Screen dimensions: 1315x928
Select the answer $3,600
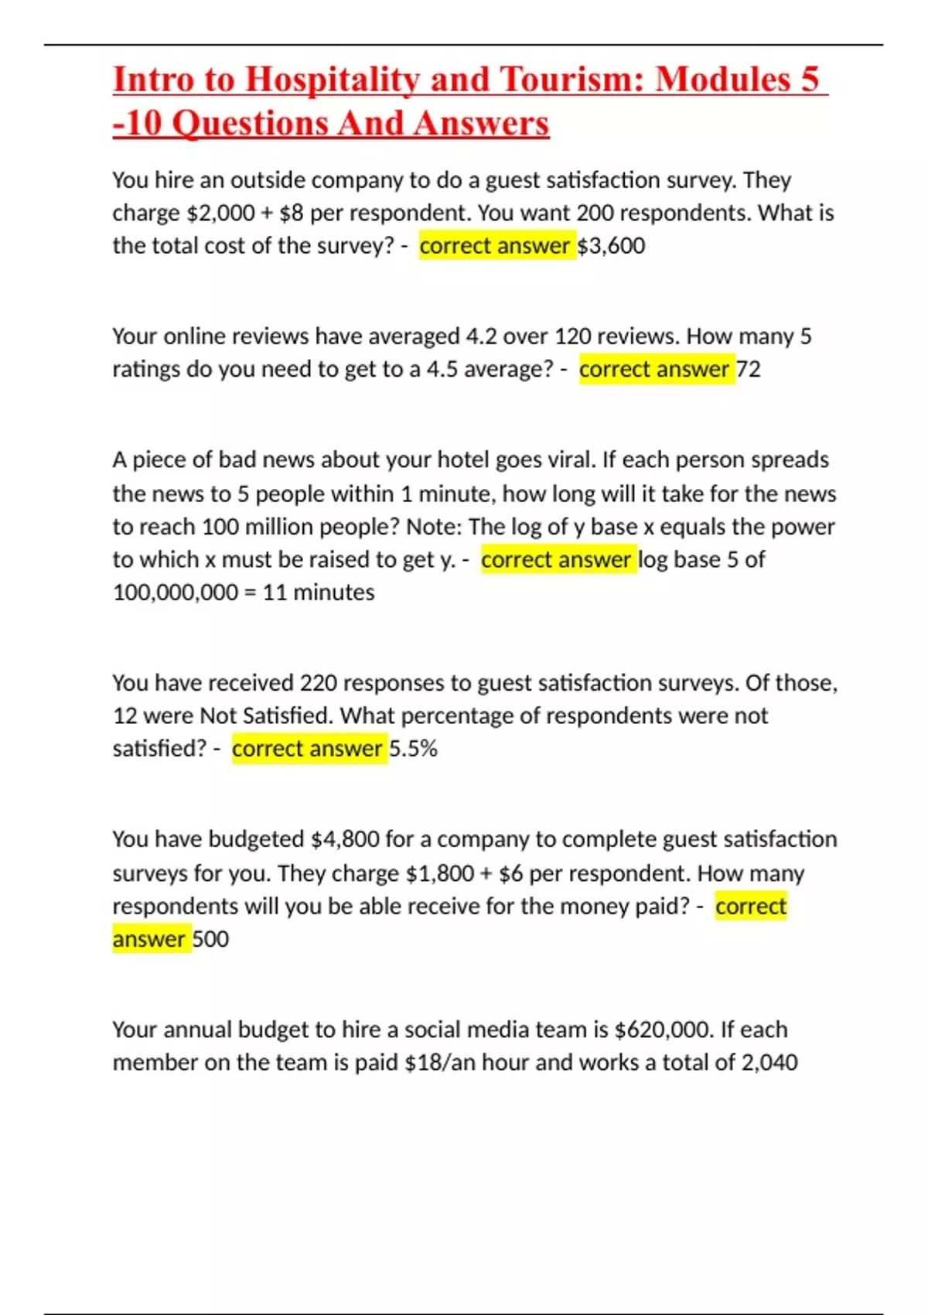[x=611, y=246]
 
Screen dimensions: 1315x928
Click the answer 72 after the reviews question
[x=749, y=369]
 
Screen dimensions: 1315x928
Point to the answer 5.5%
[x=413, y=749]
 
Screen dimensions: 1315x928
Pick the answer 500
[x=210, y=939]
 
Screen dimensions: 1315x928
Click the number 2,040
[x=769, y=1062]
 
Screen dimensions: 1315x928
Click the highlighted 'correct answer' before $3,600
[x=495, y=246]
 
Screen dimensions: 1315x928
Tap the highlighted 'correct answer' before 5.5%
[x=307, y=749]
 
